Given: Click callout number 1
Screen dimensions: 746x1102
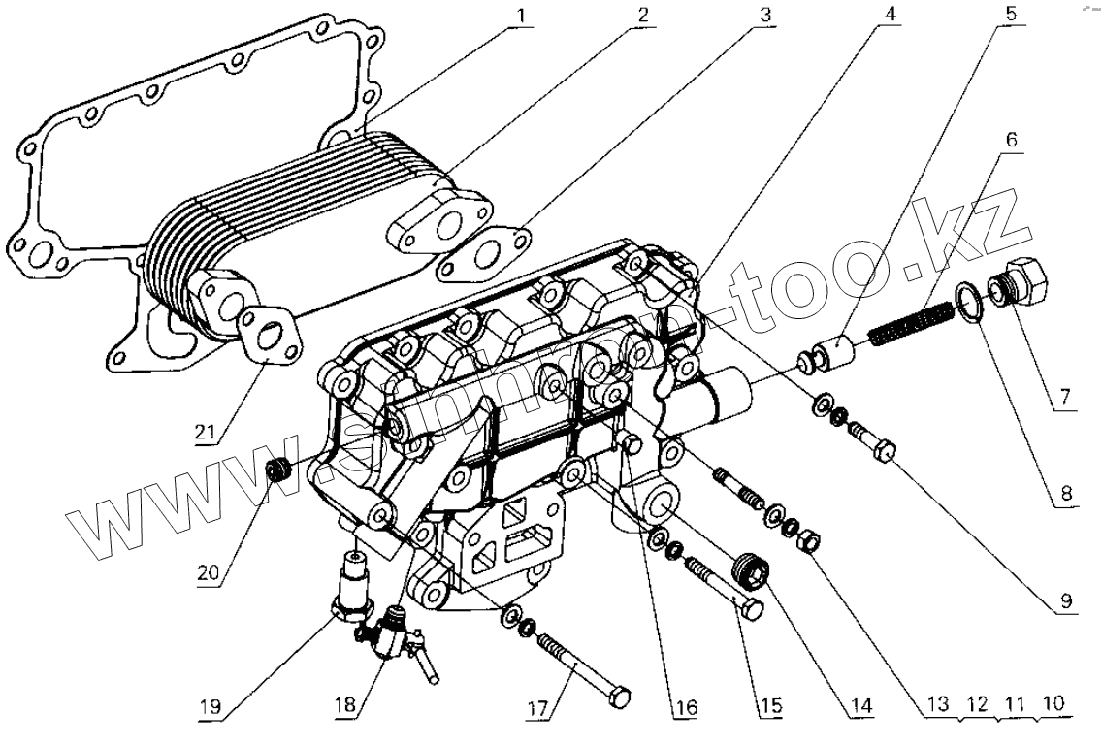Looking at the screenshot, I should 523,17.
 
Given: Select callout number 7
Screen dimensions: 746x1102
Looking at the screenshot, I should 1063,398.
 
